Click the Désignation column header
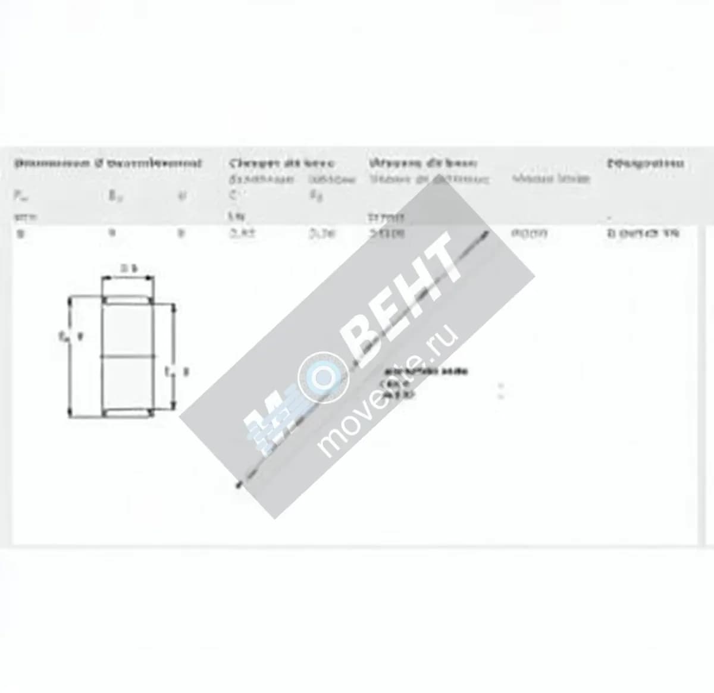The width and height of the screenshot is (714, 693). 645,163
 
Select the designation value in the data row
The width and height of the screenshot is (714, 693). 642,234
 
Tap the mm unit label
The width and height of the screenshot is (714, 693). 24,217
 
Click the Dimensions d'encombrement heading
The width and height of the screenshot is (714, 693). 108,163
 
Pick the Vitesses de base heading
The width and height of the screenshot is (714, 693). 422,163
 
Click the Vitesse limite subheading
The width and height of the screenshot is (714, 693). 551,178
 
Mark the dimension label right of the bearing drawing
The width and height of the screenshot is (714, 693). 177,372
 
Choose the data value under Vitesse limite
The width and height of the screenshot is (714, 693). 529,233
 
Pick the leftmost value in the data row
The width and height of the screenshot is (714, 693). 21,234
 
